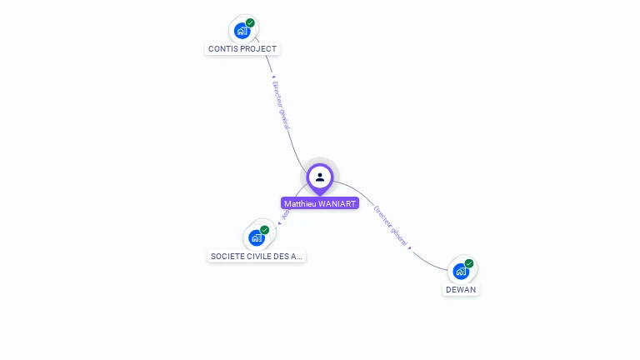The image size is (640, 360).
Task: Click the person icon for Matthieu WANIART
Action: (320, 177)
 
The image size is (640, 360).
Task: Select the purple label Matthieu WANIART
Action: (320, 203)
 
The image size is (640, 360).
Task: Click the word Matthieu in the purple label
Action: (300, 203)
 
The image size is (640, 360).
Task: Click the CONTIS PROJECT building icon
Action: (242, 31)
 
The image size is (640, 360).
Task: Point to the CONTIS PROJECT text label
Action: (242, 49)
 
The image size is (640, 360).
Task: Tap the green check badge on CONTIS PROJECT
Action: (250, 23)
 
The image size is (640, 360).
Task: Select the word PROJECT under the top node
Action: (258, 49)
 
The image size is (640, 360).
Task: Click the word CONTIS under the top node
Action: (222, 49)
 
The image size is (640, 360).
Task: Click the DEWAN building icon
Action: (461, 271)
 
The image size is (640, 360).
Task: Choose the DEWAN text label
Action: (461, 289)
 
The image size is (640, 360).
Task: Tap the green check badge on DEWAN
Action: (469, 263)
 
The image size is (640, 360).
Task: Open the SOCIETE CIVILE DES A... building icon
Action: (257, 237)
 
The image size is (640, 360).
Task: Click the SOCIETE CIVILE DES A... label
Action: (257, 256)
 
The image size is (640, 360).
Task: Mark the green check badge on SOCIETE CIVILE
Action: (265, 230)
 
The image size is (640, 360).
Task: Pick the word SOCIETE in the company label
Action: (226, 256)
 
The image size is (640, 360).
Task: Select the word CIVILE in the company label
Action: (257, 256)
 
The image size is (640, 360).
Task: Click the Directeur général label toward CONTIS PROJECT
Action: (281, 104)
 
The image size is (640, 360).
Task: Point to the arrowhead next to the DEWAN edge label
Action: (410, 247)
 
